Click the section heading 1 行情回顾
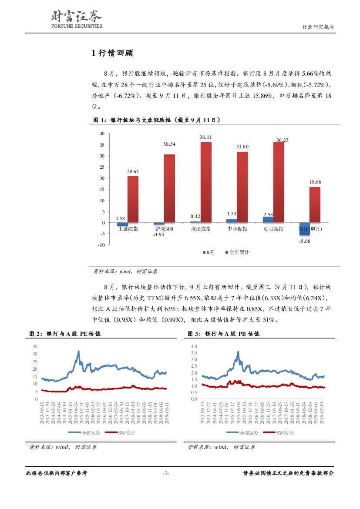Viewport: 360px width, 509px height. (x=112, y=54)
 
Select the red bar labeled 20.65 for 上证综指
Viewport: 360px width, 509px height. (x=133, y=199)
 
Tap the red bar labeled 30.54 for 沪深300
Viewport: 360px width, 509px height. (x=169, y=188)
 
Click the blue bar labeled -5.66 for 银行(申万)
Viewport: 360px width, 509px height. (x=304, y=229)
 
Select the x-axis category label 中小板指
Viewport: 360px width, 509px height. (x=238, y=229)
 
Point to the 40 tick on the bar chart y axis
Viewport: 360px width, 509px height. (x=102, y=134)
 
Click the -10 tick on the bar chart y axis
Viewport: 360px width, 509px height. (x=101, y=245)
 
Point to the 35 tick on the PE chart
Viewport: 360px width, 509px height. (x=35, y=346)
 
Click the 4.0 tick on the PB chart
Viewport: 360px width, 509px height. (x=194, y=346)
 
